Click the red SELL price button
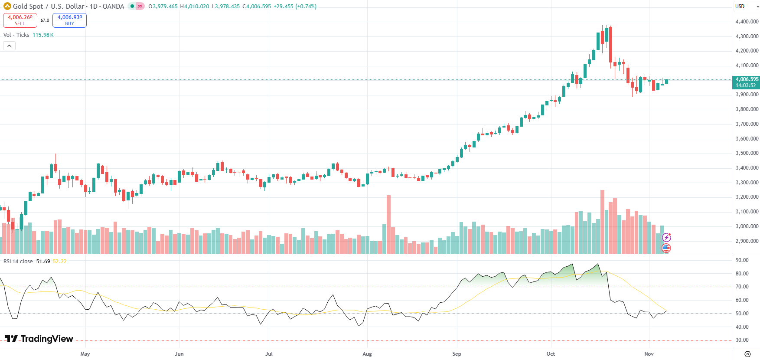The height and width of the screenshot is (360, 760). (x=20, y=20)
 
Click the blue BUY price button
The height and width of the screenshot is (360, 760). (x=69, y=20)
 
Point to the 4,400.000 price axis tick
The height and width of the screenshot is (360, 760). (x=747, y=22)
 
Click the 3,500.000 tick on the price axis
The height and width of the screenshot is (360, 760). (x=747, y=153)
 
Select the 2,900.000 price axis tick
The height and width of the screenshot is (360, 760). (x=747, y=241)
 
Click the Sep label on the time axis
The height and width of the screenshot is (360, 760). (x=457, y=354)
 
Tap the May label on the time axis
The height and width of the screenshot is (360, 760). (x=85, y=354)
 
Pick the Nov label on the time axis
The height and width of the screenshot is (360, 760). (x=649, y=354)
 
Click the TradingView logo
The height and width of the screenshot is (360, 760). (x=39, y=339)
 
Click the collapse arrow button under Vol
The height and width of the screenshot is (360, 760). (x=9, y=46)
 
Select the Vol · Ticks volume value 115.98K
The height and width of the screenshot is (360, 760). (x=43, y=35)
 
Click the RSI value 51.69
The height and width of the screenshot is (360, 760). (x=43, y=262)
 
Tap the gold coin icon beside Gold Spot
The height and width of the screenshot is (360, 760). (x=7, y=7)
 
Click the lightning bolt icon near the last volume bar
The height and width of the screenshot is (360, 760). (x=666, y=237)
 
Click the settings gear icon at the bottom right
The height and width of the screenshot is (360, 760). (x=747, y=354)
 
